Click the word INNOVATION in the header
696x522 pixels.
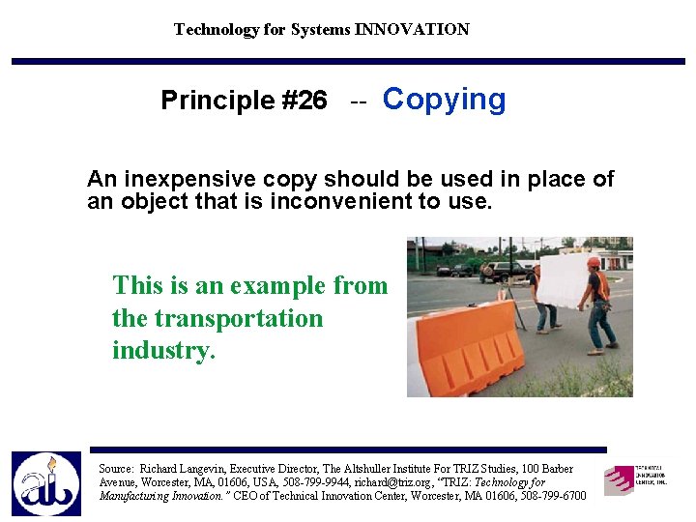(412, 29)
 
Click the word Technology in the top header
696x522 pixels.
(216, 29)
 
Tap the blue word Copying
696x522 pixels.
(444, 100)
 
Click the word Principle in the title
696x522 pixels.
(217, 101)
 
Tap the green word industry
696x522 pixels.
(160, 350)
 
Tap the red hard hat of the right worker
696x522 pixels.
(594, 262)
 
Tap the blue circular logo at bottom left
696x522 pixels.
(46, 483)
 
